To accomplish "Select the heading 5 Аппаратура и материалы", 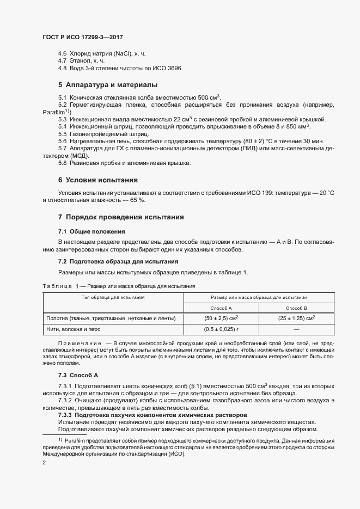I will [x=108, y=85].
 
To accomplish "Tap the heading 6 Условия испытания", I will [x=97, y=180].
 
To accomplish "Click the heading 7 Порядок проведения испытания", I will [x=121, y=217].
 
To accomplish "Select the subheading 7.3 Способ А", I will [x=78, y=376].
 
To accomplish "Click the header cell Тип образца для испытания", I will [x=113, y=298].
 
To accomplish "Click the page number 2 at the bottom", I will [x=44, y=462].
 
